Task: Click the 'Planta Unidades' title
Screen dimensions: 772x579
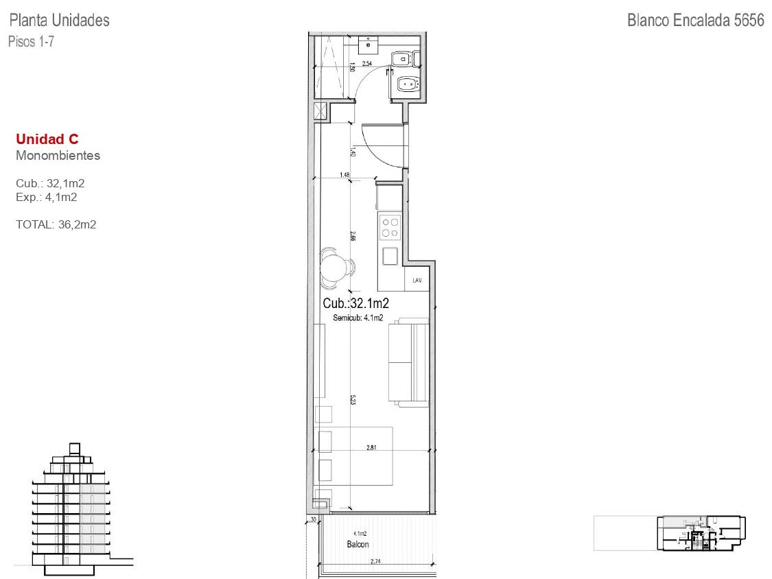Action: (x=60, y=20)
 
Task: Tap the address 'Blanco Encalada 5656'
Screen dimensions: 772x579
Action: (x=696, y=20)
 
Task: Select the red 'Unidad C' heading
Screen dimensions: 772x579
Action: (x=47, y=139)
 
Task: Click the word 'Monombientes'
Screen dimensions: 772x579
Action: (x=58, y=156)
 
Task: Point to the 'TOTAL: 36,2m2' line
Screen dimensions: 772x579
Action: (x=56, y=224)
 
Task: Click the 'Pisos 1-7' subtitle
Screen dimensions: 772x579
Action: (x=31, y=41)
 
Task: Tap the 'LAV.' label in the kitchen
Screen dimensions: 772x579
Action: (x=417, y=280)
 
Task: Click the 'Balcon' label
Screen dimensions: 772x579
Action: (x=358, y=544)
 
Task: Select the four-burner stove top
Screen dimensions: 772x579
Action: (x=390, y=228)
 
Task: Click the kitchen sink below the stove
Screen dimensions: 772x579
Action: (x=390, y=256)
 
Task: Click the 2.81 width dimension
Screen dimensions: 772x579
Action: (x=372, y=447)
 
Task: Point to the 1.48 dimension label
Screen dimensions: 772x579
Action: (x=344, y=175)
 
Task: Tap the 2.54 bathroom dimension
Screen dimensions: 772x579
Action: (x=367, y=64)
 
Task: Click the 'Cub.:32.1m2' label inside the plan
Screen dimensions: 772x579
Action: (x=355, y=303)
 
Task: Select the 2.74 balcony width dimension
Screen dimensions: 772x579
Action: (x=375, y=561)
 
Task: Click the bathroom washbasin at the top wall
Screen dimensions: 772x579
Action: (x=367, y=45)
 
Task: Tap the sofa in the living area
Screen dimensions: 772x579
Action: (x=409, y=362)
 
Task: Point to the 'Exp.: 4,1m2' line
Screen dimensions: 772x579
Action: (x=46, y=198)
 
